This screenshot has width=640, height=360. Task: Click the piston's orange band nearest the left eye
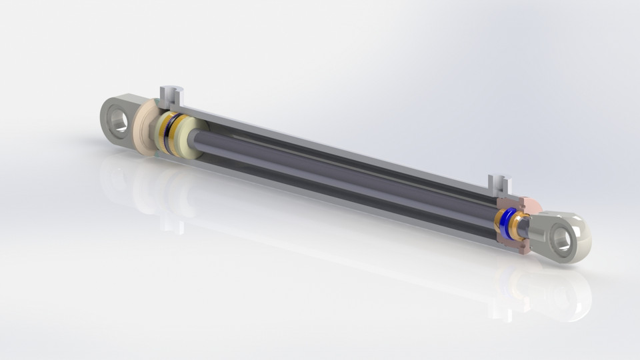164,131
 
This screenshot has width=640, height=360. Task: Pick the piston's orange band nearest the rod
181,137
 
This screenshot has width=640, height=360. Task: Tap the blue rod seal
509,224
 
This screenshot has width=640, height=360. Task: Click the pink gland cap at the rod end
531,203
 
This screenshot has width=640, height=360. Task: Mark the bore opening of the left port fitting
172,89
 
